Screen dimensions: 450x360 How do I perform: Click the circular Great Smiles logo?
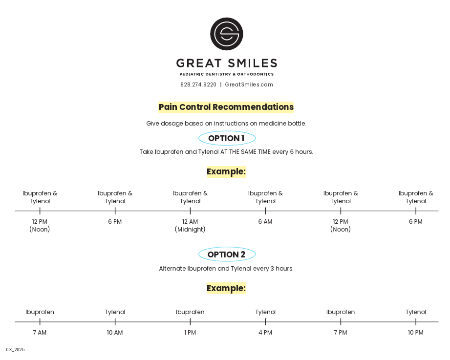(x=226, y=34)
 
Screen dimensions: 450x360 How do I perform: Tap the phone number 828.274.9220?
(x=198, y=85)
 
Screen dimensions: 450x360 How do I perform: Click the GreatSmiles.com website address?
(x=249, y=85)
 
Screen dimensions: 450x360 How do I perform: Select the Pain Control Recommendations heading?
(x=226, y=107)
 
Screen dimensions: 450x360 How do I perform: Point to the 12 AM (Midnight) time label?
(x=190, y=226)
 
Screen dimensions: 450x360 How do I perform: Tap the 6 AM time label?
(x=265, y=222)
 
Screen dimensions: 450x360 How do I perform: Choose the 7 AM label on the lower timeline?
(x=40, y=333)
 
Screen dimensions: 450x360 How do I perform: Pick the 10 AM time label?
(x=115, y=333)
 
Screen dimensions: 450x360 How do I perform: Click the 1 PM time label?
(x=190, y=333)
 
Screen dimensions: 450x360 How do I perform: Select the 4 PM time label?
(x=265, y=333)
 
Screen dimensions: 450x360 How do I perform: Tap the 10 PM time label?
(x=416, y=333)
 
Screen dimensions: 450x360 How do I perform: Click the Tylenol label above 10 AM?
(x=115, y=312)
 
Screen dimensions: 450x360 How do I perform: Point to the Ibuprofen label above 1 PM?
(x=190, y=312)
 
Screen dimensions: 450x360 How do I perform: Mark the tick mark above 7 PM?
(x=341, y=322)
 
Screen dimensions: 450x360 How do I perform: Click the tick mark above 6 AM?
(x=265, y=211)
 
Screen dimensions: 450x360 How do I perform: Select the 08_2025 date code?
(x=16, y=350)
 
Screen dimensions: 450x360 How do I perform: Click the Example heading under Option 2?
(x=226, y=288)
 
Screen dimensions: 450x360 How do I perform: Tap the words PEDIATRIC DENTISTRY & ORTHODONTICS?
(x=226, y=74)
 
